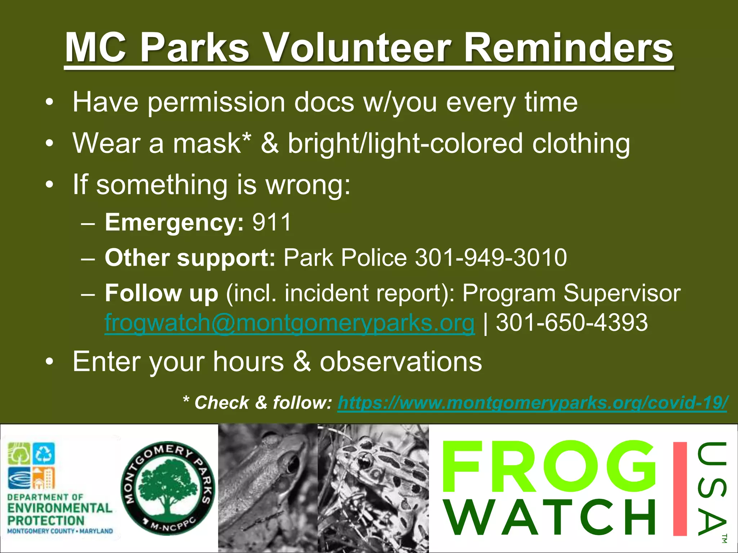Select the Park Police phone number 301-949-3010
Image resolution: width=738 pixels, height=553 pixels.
tap(491, 258)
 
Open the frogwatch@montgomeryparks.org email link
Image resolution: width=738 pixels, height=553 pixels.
tap(289, 323)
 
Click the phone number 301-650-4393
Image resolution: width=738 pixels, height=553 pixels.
tap(572, 323)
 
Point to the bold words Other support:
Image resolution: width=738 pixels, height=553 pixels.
tap(190, 258)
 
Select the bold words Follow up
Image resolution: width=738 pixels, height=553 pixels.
tap(161, 293)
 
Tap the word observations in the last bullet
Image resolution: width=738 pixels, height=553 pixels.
tap(400, 361)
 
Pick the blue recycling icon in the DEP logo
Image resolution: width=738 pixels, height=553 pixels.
tap(44, 454)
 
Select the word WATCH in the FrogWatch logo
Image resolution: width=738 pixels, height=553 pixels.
tap(551, 517)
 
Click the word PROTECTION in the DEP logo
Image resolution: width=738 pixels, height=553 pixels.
tap(46, 521)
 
